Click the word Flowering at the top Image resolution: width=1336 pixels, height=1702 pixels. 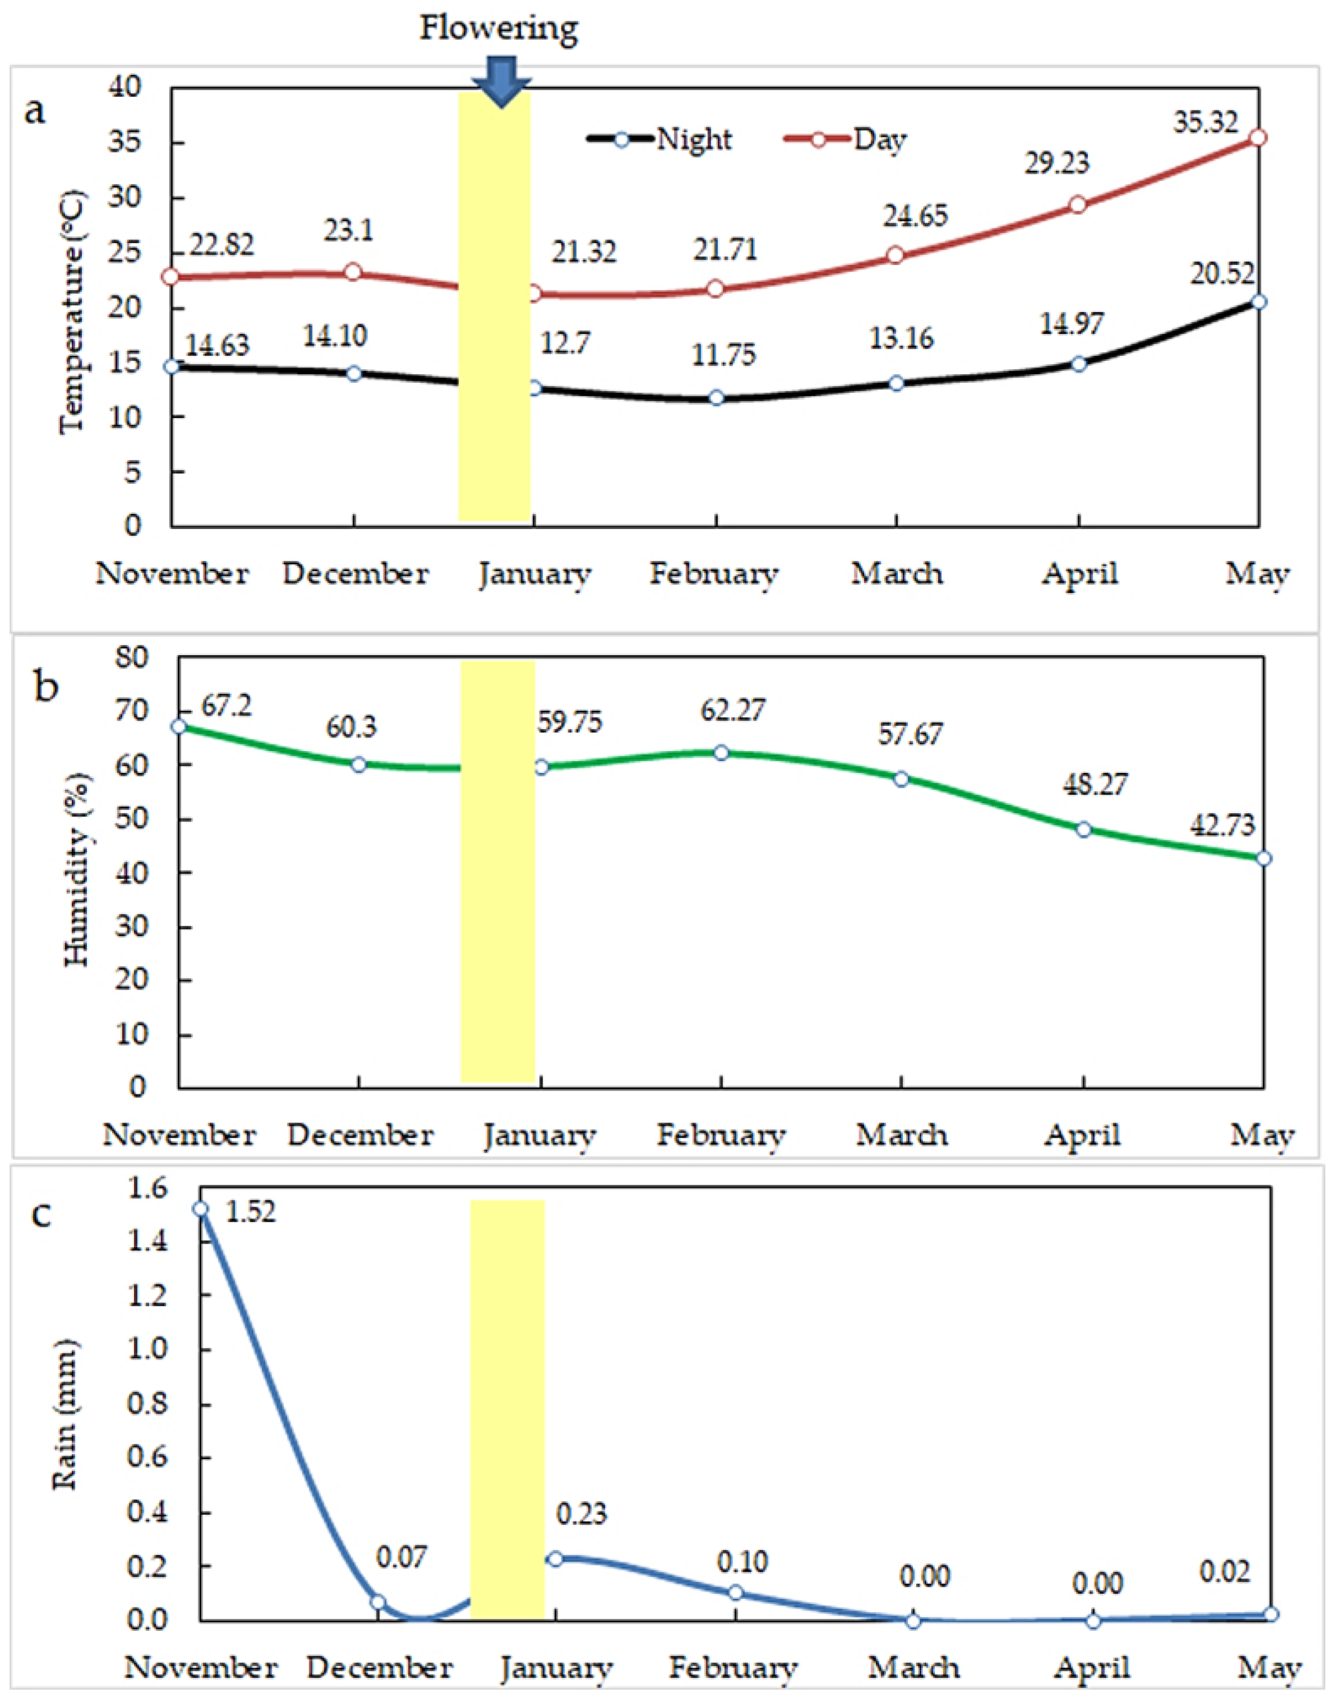click(499, 28)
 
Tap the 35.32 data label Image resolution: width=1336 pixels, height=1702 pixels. click(1205, 123)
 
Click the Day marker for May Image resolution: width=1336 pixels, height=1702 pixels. click(1257, 138)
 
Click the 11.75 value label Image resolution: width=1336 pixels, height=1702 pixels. click(723, 355)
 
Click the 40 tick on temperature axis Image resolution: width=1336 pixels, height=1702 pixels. click(125, 87)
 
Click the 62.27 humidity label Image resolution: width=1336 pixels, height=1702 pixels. click(733, 710)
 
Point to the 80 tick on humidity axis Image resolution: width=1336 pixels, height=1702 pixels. click(131, 657)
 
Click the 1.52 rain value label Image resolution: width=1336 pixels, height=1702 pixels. click(250, 1212)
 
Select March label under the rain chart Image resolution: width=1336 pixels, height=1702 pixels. click(913, 1668)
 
